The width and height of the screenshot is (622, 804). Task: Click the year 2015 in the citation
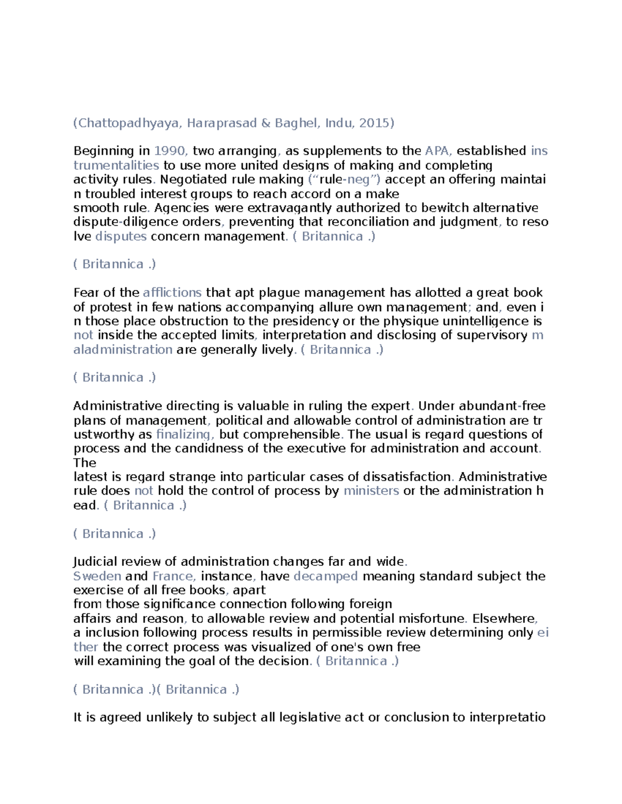tap(373, 123)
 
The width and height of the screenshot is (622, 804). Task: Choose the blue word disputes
tap(121, 237)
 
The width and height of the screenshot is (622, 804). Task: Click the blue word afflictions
tap(172, 293)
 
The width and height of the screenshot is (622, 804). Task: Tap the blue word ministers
tap(371, 491)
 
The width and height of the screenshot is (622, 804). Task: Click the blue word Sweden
tap(97, 576)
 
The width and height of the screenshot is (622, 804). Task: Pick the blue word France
tap(173, 576)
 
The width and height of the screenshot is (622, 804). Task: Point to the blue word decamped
tap(326, 576)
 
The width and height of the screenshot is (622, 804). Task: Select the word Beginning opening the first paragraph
tap(104, 151)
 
